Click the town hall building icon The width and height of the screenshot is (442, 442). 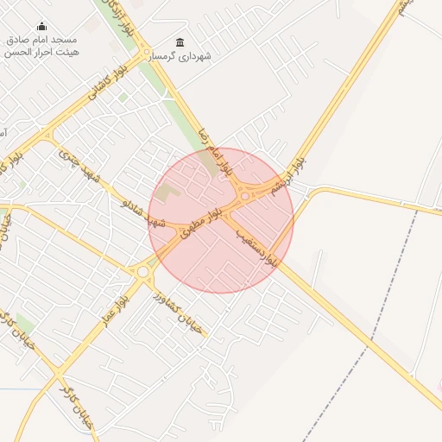point(180,43)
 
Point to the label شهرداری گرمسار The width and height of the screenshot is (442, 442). point(180,57)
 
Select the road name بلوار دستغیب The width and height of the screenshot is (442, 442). point(261,239)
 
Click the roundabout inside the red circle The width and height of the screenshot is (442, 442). point(245,197)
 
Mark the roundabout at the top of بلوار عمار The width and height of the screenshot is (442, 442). point(142,272)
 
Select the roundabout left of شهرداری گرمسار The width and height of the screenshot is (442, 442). point(148,53)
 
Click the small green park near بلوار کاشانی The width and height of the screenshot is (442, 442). point(123,98)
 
